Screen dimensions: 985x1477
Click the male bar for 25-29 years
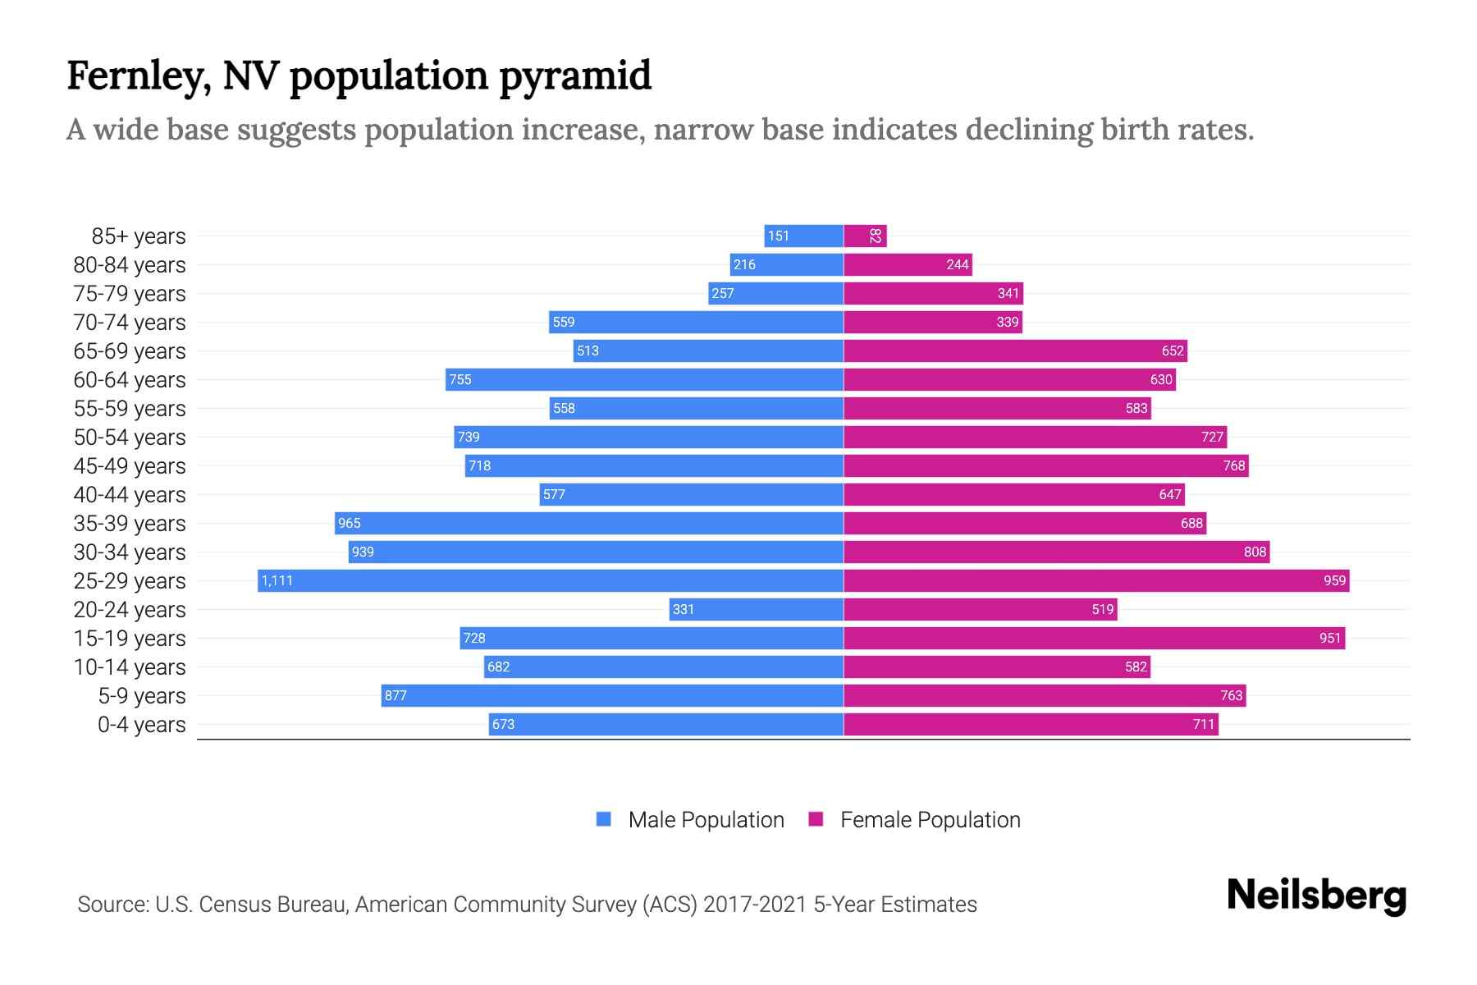pos(550,581)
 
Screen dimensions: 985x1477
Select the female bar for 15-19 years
pos(1094,639)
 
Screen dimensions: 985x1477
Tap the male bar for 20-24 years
pos(756,610)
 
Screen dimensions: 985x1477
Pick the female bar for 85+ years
pos(865,236)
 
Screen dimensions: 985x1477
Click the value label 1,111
pos(277,581)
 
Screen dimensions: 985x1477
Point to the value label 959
pos(1334,581)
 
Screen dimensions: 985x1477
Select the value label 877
pos(396,696)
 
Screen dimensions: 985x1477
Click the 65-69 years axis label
pos(130,351)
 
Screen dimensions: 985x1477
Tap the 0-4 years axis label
pos(141,725)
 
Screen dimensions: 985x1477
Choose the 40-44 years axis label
pos(130,495)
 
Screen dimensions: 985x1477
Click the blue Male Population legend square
pos(604,819)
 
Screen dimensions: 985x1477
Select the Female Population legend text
pos(930,820)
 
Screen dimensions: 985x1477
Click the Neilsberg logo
pos(1316,896)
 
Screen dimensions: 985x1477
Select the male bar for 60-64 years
pos(644,380)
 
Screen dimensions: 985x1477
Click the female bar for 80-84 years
pos(908,265)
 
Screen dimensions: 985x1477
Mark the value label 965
pos(350,524)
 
